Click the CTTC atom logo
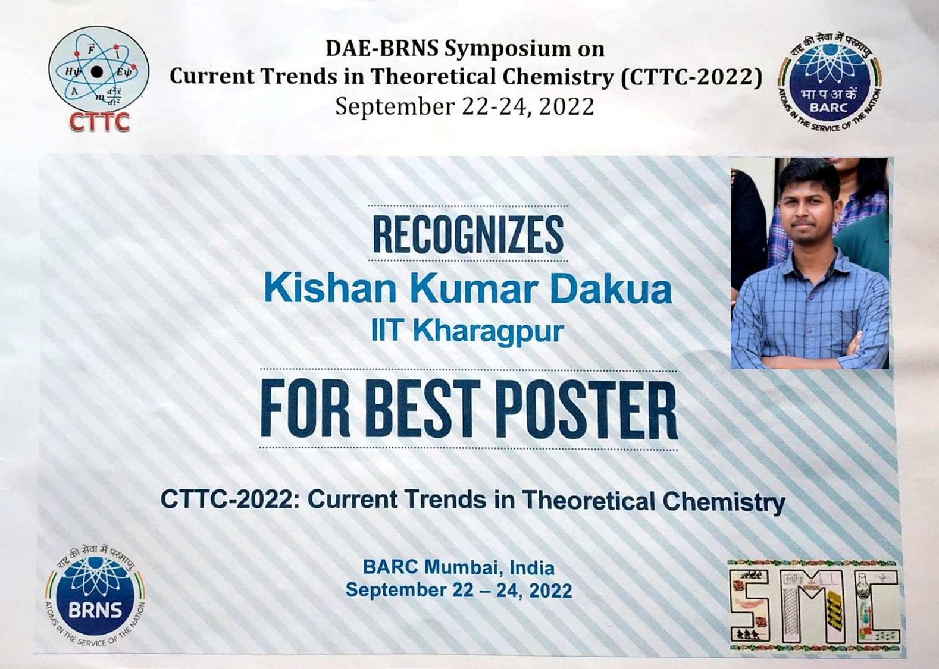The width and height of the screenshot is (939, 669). (98, 71)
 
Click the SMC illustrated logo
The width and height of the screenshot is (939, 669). (814, 607)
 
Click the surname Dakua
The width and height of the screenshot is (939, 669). (611, 289)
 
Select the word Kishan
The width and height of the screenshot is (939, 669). (330, 289)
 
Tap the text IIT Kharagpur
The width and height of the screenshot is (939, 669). (467, 331)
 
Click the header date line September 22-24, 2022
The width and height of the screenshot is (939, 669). (465, 107)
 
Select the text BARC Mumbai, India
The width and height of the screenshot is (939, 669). (459, 567)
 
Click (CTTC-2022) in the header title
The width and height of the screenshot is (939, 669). (691, 77)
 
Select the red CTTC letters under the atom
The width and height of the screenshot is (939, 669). (99, 122)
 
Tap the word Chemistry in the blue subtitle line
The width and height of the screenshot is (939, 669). (724, 501)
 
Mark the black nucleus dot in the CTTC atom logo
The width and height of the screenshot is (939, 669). (97, 72)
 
